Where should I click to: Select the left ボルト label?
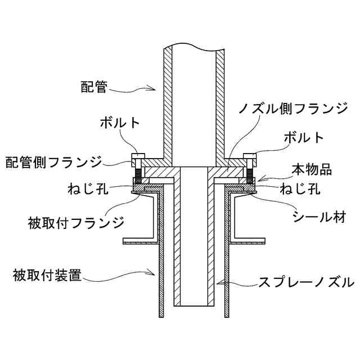[120, 122]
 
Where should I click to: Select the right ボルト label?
[304, 137]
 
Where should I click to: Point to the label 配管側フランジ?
[54, 163]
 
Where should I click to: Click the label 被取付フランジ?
[75, 222]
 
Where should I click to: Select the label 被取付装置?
[48, 276]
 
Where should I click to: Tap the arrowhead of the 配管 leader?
[155, 88]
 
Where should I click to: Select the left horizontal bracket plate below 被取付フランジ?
[140, 242]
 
